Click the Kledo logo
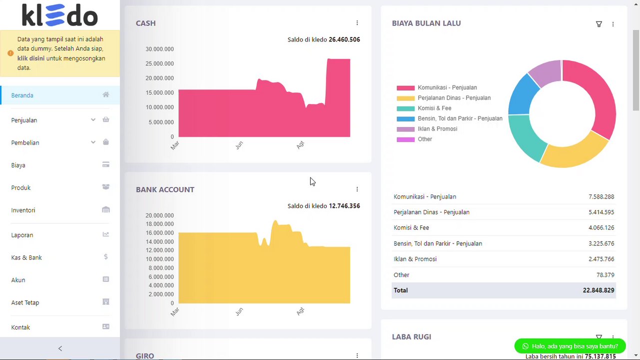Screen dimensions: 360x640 [x=59, y=15]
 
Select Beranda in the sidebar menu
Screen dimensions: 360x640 [x=22, y=95]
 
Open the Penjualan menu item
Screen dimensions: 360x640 [x=24, y=120]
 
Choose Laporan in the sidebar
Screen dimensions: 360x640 [x=22, y=235]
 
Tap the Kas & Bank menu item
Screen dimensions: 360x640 [x=26, y=257]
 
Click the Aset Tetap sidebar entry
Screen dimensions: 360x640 [x=25, y=302]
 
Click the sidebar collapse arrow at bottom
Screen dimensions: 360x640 [x=60, y=348]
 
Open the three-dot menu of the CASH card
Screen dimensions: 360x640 [x=357, y=23]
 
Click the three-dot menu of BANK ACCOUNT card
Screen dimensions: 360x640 [x=357, y=189]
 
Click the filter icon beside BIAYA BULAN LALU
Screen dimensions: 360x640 [x=599, y=24]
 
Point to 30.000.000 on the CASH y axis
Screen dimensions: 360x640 [x=160, y=49]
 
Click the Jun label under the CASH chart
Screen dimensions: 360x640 [x=239, y=145]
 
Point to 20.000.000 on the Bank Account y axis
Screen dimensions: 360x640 [x=160, y=215]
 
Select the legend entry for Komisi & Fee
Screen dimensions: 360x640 [x=434, y=108]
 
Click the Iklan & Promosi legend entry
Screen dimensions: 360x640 [x=437, y=129]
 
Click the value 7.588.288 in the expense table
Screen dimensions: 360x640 [x=601, y=197]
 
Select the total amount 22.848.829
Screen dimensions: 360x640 [x=599, y=290]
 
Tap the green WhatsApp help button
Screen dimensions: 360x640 [x=570, y=346]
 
